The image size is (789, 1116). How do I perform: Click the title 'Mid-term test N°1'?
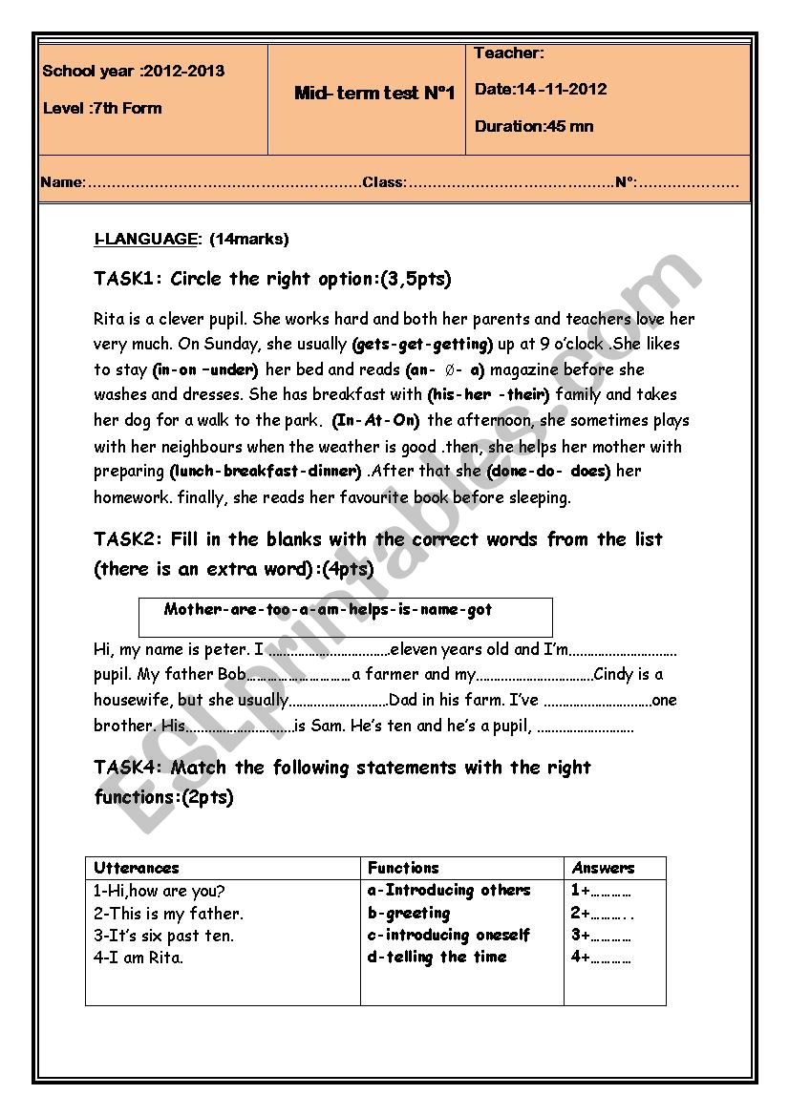click(x=374, y=94)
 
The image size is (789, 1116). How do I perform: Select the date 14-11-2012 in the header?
click(x=541, y=90)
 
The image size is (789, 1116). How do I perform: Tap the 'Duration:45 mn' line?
click(x=534, y=126)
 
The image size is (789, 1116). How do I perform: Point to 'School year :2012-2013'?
click(x=134, y=72)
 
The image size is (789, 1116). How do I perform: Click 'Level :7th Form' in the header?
click(x=102, y=108)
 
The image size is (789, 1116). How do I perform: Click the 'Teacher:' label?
click(x=509, y=53)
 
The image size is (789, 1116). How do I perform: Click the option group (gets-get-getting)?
click(x=422, y=344)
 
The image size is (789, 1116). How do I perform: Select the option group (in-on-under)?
click(x=205, y=369)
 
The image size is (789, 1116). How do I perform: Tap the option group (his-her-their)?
click(x=488, y=394)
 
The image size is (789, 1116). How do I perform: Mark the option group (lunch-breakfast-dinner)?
click(x=267, y=472)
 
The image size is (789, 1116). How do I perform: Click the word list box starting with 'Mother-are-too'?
click(x=345, y=617)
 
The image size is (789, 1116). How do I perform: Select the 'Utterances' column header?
click(x=137, y=868)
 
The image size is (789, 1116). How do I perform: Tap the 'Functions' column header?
click(x=403, y=868)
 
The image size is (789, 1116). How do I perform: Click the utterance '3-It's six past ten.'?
click(x=163, y=936)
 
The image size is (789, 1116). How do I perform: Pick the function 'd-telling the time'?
click(x=437, y=957)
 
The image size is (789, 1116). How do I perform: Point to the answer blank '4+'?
click(x=602, y=958)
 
